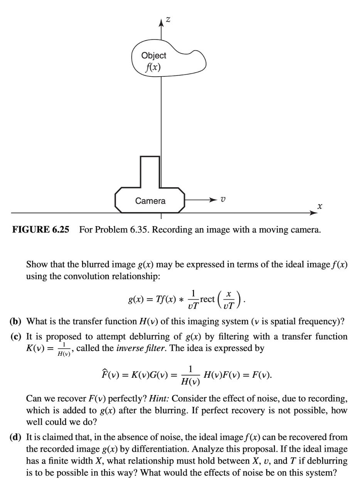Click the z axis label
[168, 20]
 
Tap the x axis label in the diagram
[320, 206]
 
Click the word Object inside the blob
[153, 55]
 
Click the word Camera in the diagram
[150, 201]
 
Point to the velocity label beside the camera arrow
[223, 199]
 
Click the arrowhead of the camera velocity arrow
[213, 200]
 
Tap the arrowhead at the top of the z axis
[161, 23]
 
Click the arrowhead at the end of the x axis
[313, 213]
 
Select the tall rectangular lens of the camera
[150, 172]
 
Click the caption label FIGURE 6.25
[40, 229]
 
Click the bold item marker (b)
[15, 322]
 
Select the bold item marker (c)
[15, 336]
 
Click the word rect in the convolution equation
[207, 299]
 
